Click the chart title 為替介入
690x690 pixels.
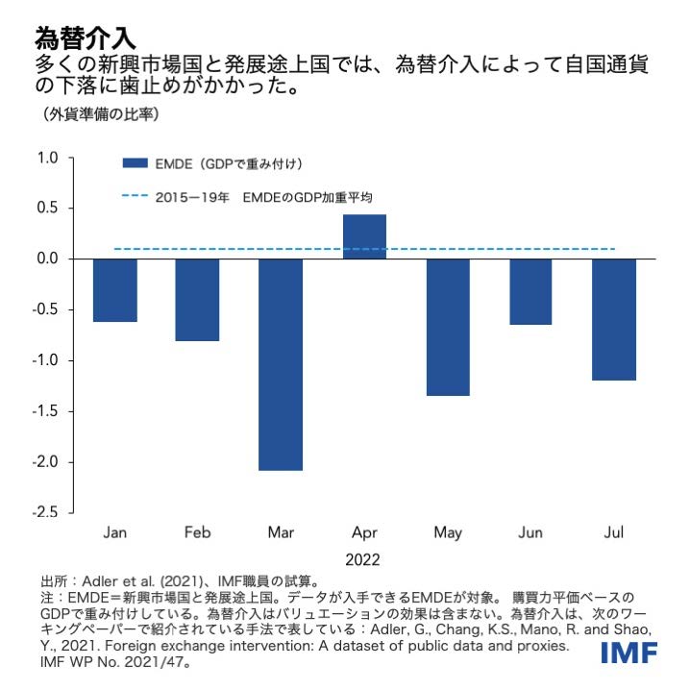85,38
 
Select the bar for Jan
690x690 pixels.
114,290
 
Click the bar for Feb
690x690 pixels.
197,300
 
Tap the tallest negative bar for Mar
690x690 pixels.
280,364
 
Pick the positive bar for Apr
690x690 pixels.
364,236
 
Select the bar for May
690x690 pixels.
448,327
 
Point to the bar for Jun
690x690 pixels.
530,291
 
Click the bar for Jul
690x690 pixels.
613,319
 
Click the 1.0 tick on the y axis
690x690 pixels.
48,158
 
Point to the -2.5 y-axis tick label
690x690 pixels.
46,512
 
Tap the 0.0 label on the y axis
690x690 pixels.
48,259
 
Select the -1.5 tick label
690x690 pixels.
46,411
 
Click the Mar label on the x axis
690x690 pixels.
280,531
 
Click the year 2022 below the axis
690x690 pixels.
363,559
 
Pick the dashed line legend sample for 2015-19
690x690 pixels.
136,197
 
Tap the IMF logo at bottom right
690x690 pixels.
629,653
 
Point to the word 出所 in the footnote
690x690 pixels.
53,581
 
